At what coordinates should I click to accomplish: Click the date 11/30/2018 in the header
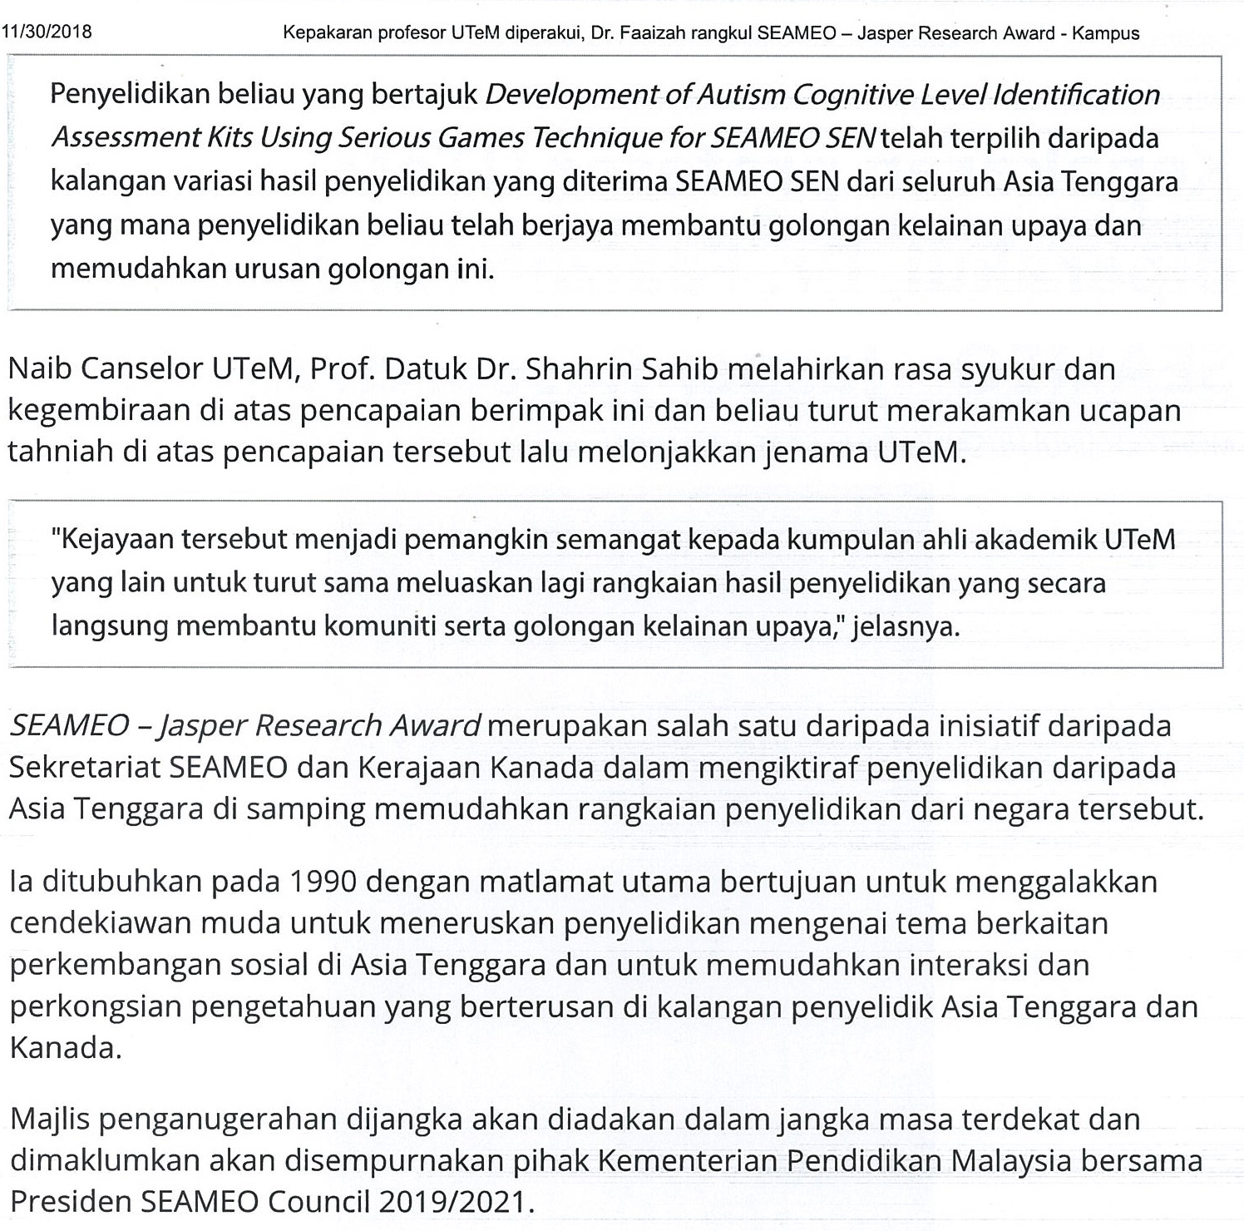click(x=47, y=32)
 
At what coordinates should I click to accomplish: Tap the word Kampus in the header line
click(x=1105, y=33)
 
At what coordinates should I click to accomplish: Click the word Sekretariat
click(x=85, y=767)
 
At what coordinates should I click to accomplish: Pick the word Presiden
click(x=70, y=1202)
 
